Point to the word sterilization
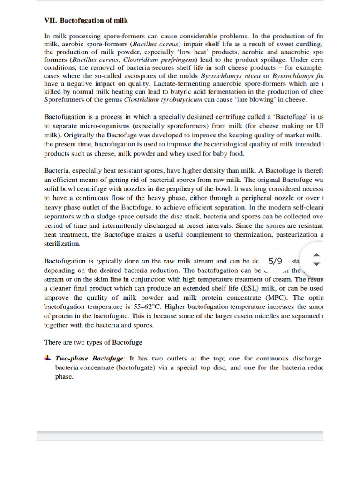click(62, 243)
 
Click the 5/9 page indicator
click(276, 260)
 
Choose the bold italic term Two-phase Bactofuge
click(89, 359)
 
